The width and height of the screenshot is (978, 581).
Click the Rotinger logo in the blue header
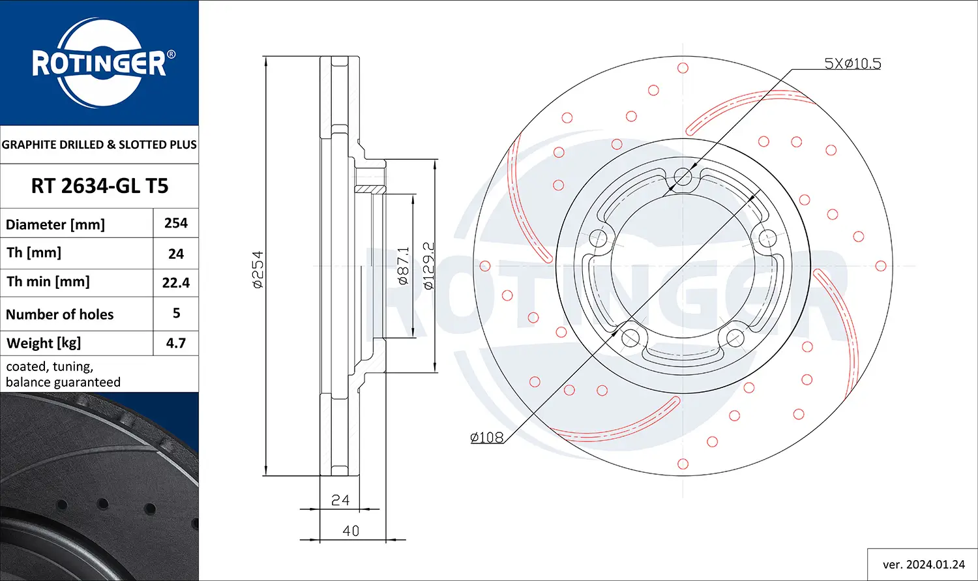coord(99,63)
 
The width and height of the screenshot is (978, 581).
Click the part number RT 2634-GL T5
coord(100,186)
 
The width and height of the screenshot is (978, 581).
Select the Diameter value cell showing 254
coord(176,223)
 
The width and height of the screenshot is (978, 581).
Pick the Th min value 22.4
coord(176,282)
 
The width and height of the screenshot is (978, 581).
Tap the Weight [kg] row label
coord(44,343)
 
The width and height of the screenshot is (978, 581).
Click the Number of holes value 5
coord(176,313)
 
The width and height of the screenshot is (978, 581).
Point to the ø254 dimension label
coord(258,269)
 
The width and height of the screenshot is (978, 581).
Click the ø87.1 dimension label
coord(404,266)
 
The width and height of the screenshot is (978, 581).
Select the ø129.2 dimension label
coord(428,266)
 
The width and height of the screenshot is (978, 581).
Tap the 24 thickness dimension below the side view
coord(340,500)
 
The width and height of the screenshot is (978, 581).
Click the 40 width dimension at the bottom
coord(351,531)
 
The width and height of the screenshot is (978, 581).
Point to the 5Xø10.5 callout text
coord(853,63)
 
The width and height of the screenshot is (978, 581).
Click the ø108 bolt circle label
coord(487,438)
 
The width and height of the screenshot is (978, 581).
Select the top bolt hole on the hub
coord(683,175)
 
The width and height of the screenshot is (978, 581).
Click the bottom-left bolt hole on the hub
coord(630,337)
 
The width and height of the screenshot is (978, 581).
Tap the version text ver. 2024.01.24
coord(923,564)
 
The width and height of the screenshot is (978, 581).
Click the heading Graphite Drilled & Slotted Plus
coord(99,144)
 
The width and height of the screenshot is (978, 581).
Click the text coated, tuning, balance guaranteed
coord(63,374)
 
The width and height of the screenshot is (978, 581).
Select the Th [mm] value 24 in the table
coord(176,254)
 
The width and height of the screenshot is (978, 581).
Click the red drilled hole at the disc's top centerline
coord(683,68)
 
